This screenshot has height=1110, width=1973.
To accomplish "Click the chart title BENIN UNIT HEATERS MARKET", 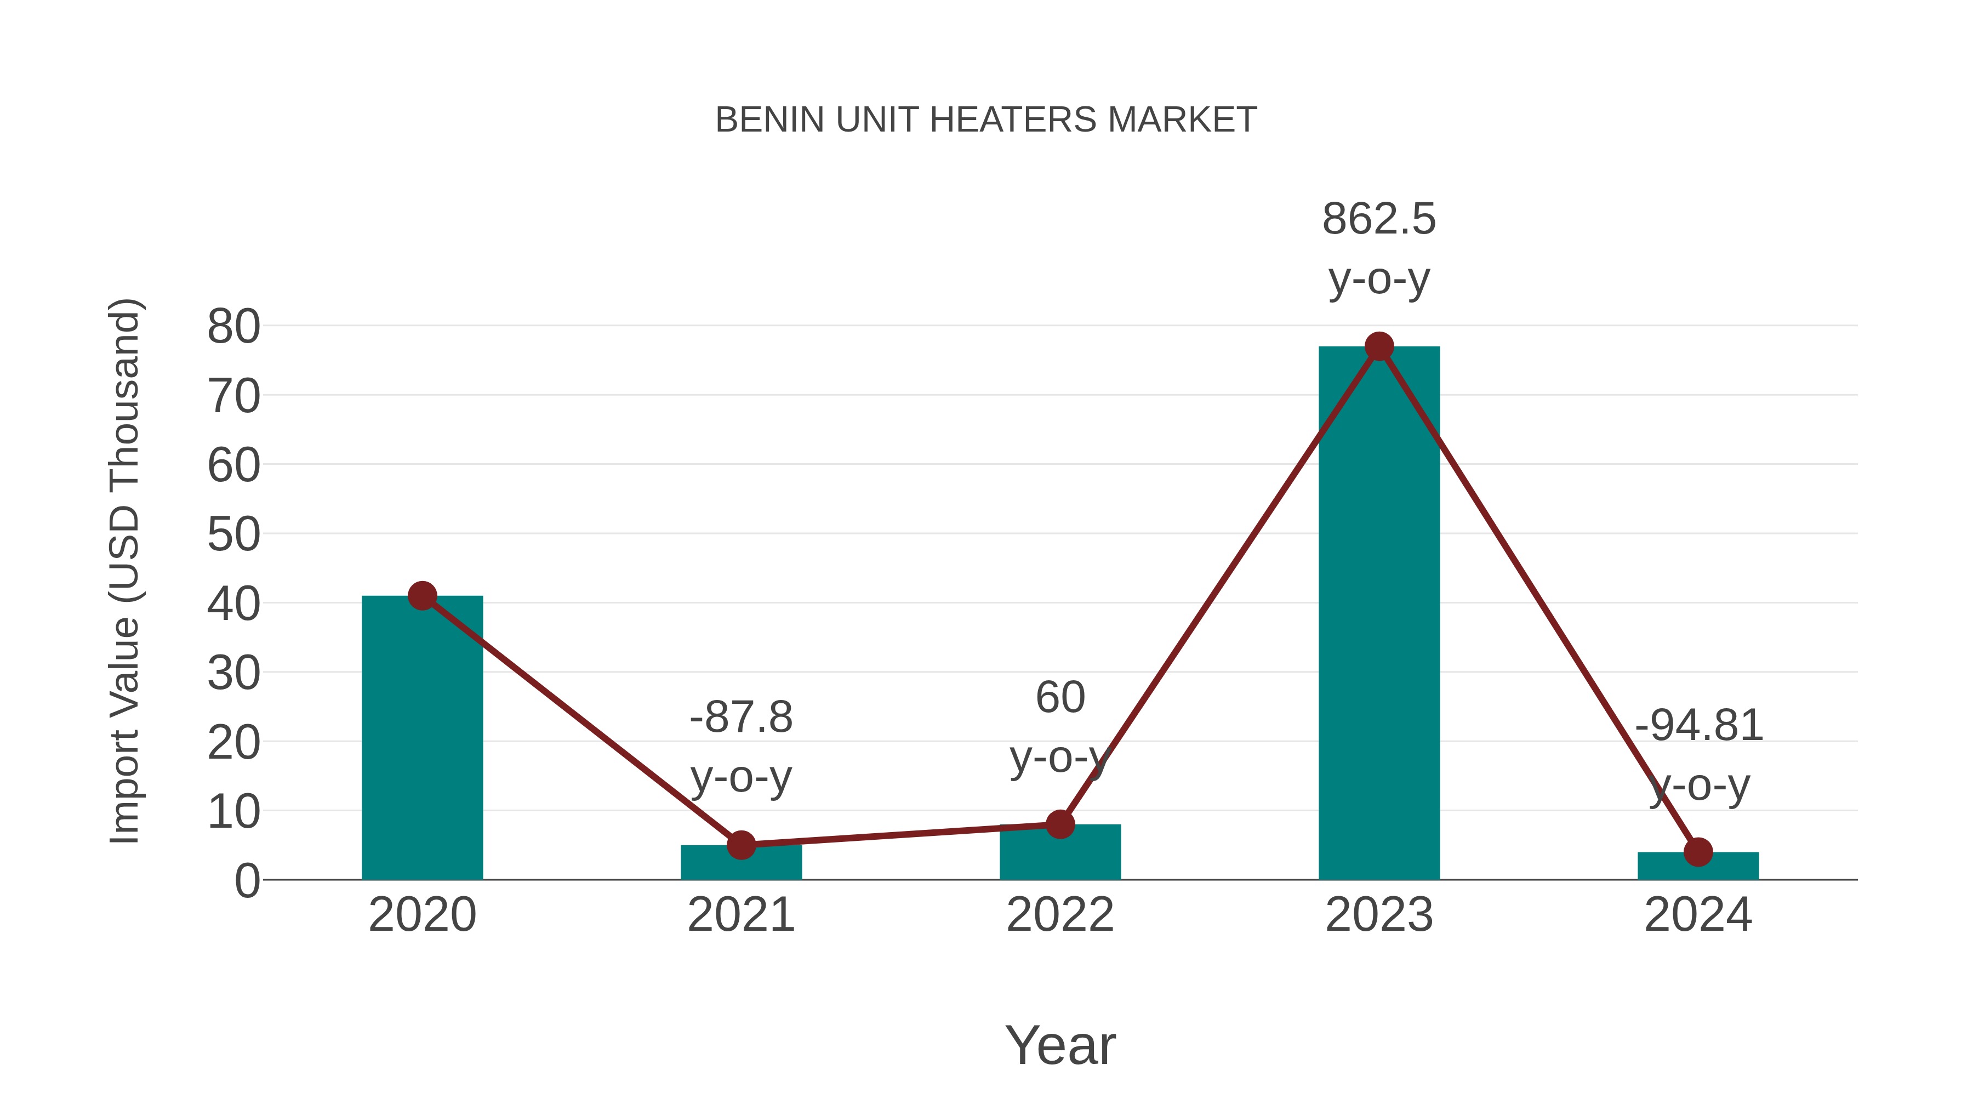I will pos(986,120).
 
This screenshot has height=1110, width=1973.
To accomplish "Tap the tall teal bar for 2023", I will pos(1379,613).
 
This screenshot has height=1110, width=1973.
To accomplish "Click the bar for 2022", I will pos(1060,852).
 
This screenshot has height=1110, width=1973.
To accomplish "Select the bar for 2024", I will pos(1698,867).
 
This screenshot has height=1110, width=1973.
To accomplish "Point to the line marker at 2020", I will pos(422,595).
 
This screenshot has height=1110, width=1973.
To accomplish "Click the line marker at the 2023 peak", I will pos(1379,346).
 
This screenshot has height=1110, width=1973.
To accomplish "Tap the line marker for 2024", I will pos(1698,852).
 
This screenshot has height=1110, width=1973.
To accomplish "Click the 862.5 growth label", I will pos(1379,219).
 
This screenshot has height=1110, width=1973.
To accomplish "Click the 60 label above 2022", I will pos(1060,698).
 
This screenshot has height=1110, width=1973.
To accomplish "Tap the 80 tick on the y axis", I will pos(233,327).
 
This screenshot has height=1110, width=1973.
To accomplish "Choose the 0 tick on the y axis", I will pos(247,881).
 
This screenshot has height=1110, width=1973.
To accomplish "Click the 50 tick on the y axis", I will pos(233,534).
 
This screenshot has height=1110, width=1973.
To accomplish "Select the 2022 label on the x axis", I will pos(1060,915).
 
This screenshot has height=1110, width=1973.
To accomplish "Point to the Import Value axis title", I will pos(124,571).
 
